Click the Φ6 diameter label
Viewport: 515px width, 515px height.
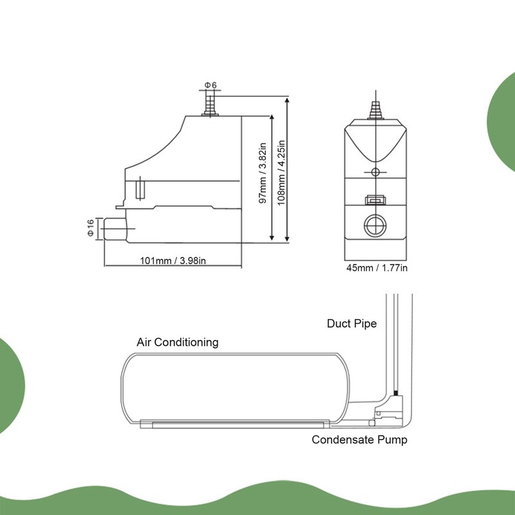coord(211,86)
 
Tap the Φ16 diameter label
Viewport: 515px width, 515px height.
coord(91,229)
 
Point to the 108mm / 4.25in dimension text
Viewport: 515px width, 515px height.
coord(281,172)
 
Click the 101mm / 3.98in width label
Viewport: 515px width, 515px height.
coord(173,261)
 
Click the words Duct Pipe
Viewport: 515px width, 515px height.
coord(351,323)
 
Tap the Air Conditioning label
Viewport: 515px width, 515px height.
coord(178,342)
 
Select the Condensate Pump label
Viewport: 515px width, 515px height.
coord(360,440)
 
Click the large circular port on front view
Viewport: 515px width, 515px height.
coord(375,225)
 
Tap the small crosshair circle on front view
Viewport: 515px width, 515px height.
coord(375,171)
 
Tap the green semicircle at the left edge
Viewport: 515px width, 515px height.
coord(10,386)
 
